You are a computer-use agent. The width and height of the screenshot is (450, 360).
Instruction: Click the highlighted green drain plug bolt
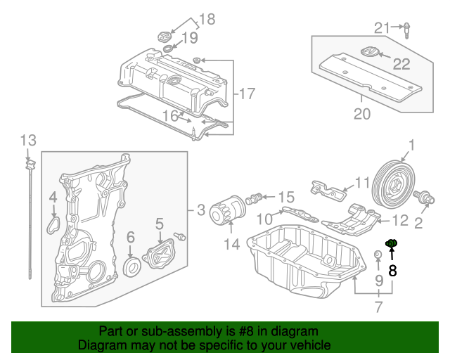pos(392,244)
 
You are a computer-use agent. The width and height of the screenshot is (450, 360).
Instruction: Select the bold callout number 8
pos(392,269)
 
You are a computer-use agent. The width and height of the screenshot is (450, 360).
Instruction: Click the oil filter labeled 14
pos(229,211)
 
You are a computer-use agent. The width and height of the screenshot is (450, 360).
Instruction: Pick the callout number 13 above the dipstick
pos(27,139)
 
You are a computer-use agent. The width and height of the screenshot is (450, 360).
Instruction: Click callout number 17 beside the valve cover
pos(245,93)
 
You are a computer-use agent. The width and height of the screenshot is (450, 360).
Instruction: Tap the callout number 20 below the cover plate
pos(361,114)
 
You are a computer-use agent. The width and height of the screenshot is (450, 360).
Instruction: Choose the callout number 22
pos(401,65)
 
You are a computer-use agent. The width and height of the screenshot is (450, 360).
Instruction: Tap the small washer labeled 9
pos(378,253)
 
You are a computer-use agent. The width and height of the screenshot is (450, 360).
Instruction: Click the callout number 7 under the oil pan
pos(378,306)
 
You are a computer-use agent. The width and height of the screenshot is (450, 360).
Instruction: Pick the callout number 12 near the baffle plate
pos(399,220)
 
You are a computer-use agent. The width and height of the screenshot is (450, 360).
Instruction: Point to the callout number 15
pos(286,198)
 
